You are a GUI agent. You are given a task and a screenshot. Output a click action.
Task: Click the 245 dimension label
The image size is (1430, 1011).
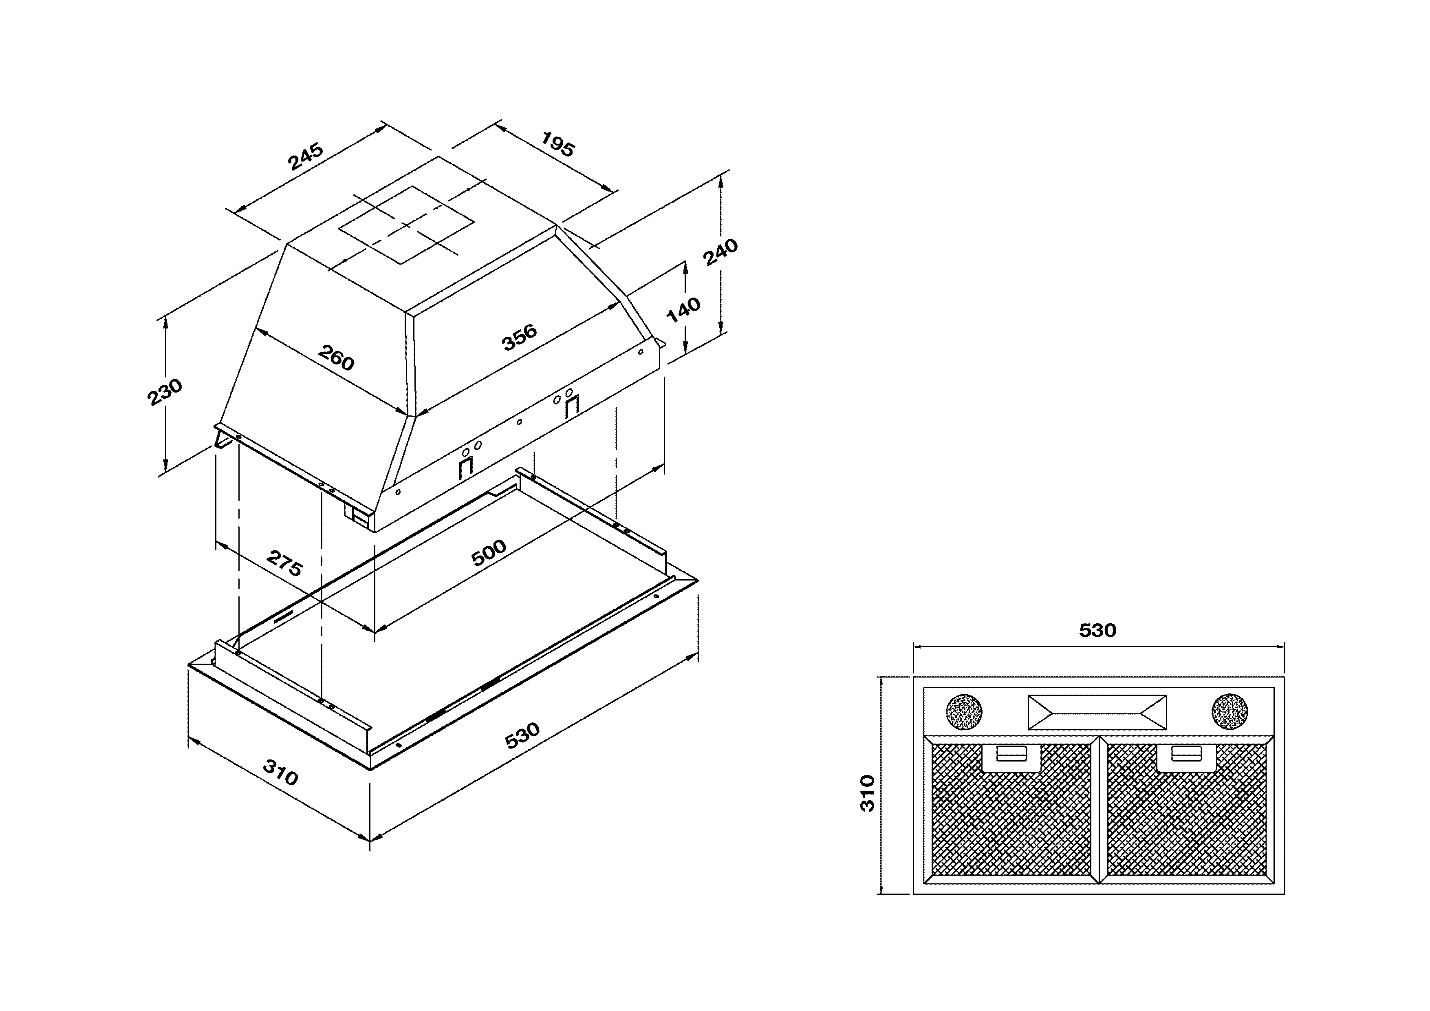pos(305,157)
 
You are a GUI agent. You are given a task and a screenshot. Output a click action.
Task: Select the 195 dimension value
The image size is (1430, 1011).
pos(557,144)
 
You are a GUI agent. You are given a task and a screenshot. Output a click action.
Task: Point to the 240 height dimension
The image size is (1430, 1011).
pos(721,252)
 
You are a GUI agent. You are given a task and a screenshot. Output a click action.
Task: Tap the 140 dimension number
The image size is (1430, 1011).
pos(683,309)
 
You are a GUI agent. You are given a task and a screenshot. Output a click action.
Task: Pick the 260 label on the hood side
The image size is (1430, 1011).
pos(336,358)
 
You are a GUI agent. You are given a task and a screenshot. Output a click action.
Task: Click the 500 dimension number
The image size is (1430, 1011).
pos(489,552)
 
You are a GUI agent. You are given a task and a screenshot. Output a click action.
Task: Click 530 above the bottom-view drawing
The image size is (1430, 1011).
pos(1097,630)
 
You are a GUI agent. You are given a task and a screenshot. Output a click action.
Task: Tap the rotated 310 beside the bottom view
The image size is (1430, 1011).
pos(867,793)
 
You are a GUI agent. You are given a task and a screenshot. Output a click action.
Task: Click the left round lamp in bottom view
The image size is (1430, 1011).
pos(964,711)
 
